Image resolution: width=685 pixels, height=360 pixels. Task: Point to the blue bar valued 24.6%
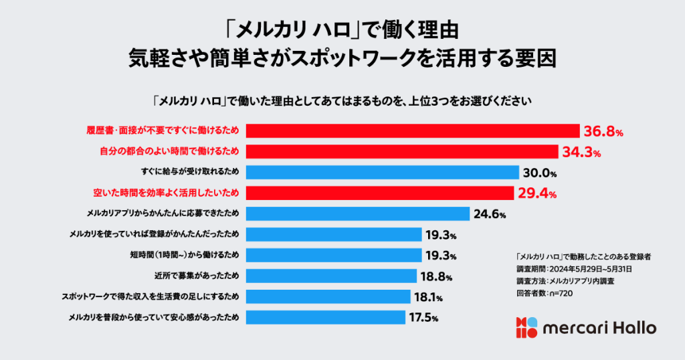click(358, 214)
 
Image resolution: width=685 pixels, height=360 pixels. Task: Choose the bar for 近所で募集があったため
click(332, 276)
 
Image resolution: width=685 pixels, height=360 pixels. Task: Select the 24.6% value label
click(490, 215)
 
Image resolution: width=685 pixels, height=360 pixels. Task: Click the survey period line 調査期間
click(574, 268)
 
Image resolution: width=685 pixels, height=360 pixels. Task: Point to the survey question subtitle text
click(342, 102)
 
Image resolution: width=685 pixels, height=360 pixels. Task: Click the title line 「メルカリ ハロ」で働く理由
click(342, 31)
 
